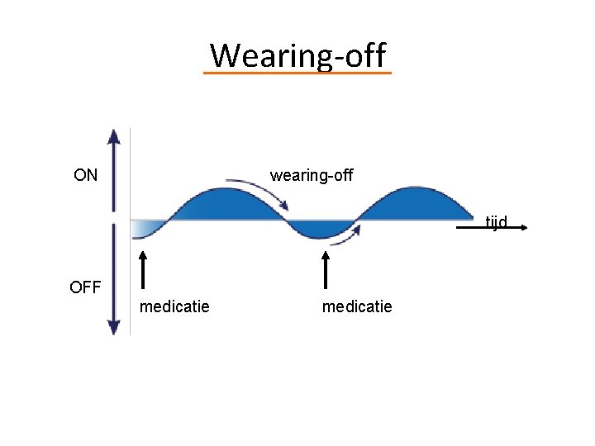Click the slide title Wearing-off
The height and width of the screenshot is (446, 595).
tap(297, 55)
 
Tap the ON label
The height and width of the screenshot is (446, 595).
tap(85, 175)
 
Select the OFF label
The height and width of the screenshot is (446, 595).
tap(85, 287)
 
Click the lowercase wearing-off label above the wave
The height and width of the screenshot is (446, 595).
tap(312, 175)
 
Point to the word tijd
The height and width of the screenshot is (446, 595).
tap(496, 221)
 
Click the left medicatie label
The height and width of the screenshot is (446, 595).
tap(174, 307)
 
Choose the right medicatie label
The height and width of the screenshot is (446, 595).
tap(357, 307)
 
